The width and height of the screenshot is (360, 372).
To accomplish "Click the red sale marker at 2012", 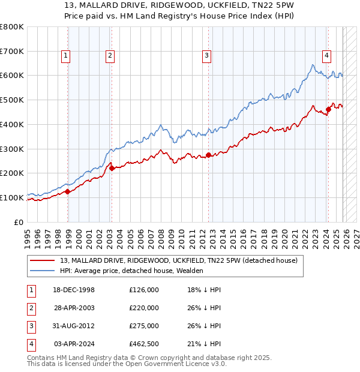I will (208, 155).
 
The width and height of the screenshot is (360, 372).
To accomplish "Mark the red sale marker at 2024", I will (328, 109).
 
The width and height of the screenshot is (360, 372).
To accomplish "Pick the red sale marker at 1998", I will (68, 191).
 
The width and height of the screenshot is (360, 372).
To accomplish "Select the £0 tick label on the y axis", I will (20, 222).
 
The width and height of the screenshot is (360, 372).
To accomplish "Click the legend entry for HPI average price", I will (131, 271).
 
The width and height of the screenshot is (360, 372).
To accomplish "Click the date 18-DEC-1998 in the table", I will (74, 290).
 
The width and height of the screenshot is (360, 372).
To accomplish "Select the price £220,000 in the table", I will (143, 308).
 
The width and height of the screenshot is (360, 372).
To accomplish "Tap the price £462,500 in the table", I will (143, 344).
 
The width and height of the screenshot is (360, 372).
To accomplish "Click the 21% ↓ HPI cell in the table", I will (203, 344).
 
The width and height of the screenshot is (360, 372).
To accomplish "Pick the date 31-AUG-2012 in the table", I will (74, 326).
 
